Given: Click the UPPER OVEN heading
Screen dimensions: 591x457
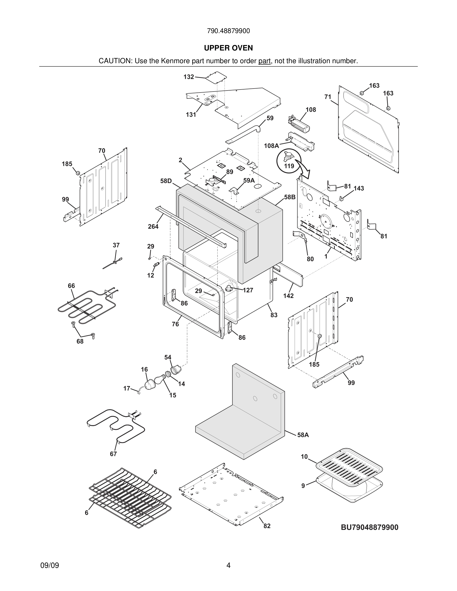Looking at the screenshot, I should (228, 48).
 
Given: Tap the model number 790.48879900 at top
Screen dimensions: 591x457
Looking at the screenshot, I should (228, 31).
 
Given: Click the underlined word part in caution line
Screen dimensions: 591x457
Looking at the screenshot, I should (264, 61).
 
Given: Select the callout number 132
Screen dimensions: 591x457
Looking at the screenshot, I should (189, 77).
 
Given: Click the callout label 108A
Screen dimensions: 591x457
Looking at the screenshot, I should (271, 146).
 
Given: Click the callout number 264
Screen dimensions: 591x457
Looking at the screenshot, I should (153, 227).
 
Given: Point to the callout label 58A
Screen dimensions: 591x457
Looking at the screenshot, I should (303, 435).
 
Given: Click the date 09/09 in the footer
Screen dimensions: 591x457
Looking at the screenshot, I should (50, 566).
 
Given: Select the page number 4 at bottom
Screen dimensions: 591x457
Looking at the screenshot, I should (228, 566).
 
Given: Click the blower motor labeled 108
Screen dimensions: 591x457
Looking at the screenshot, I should (299, 125).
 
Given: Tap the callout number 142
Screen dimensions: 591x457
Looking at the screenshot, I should (288, 296).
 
